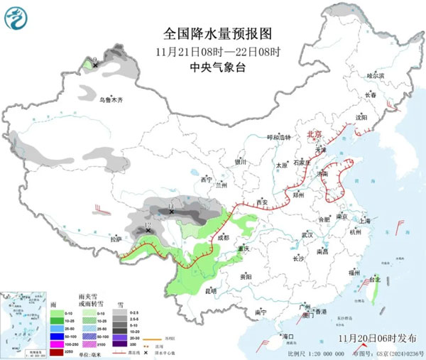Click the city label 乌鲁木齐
111,100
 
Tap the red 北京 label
314,133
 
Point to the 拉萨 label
116,240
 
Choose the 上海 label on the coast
366,222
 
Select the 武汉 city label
307,234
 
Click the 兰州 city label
224,186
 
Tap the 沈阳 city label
361,118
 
